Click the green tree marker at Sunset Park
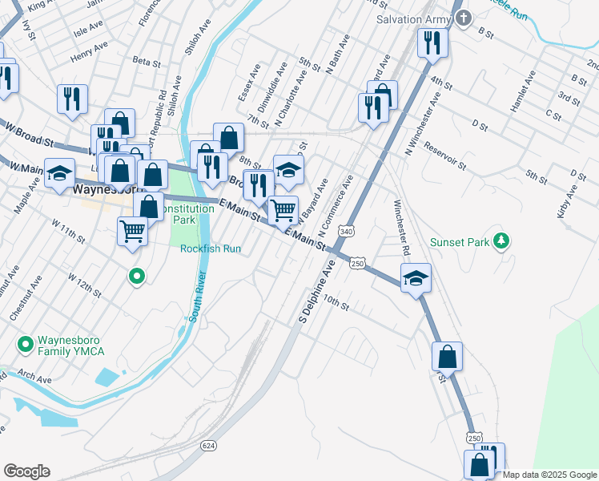(x=502, y=240)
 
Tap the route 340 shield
(x=346, y=231)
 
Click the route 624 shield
(x=209, y=445)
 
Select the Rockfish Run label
(x=211, y=249)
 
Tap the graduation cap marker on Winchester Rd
(x=416, y=278)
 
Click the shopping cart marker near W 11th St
(x=132, y=231)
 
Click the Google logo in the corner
(x=26, y=471)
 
